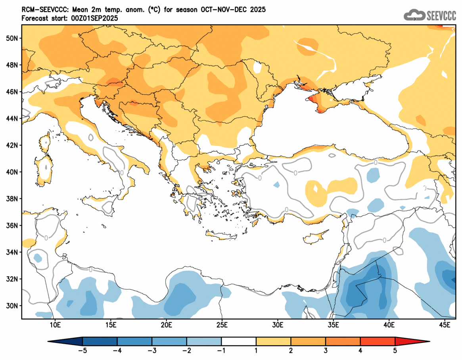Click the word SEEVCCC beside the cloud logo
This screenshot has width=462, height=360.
tap(441, 15)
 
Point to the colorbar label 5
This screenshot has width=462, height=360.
tap(395, 350)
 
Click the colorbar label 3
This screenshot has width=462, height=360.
tap(326, 350)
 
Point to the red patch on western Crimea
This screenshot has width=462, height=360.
tap(313, 99)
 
